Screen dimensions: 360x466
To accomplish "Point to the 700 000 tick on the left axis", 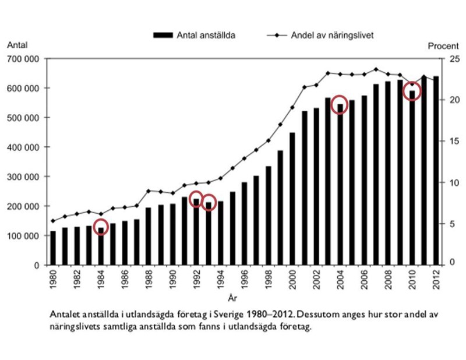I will pos(23,59).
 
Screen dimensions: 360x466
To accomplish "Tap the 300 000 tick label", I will pos(23,177).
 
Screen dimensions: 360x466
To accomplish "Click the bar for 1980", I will pos(54,248).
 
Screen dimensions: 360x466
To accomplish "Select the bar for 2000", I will pos(292,199).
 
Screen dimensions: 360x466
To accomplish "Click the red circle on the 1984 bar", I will pos(101,227).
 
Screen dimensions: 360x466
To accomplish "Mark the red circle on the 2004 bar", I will pos(340,104).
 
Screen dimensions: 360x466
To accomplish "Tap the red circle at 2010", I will pos(412,91).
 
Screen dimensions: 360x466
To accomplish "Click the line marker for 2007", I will pos(376,69).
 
